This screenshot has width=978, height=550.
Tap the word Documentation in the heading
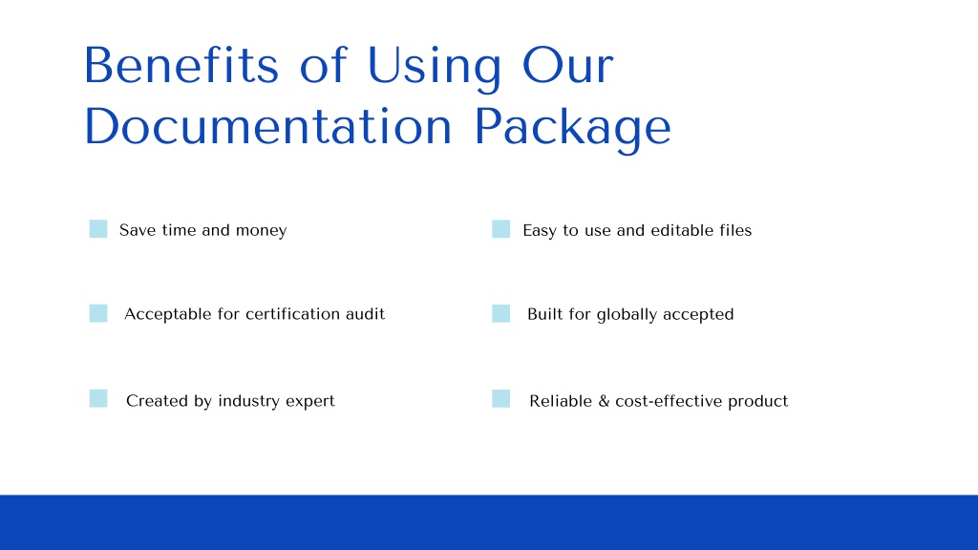(267, 127)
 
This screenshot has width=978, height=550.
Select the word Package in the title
(572, 127)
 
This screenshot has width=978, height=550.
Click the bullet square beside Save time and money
(98, 229)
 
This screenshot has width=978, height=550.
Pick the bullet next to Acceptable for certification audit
(98, 313)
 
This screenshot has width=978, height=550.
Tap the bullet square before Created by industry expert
(98, 399)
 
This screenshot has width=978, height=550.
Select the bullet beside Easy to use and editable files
(501, 229)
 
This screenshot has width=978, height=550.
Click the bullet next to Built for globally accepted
(501, 313)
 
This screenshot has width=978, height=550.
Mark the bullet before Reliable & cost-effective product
(501, 399)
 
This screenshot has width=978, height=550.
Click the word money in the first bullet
(261, 230)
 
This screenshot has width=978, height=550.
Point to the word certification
(292, 314)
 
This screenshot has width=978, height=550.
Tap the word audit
(365, 314)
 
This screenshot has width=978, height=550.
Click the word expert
(310, 401)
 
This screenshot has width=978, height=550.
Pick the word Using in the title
(434, 66)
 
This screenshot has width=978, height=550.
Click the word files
(735, 230)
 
